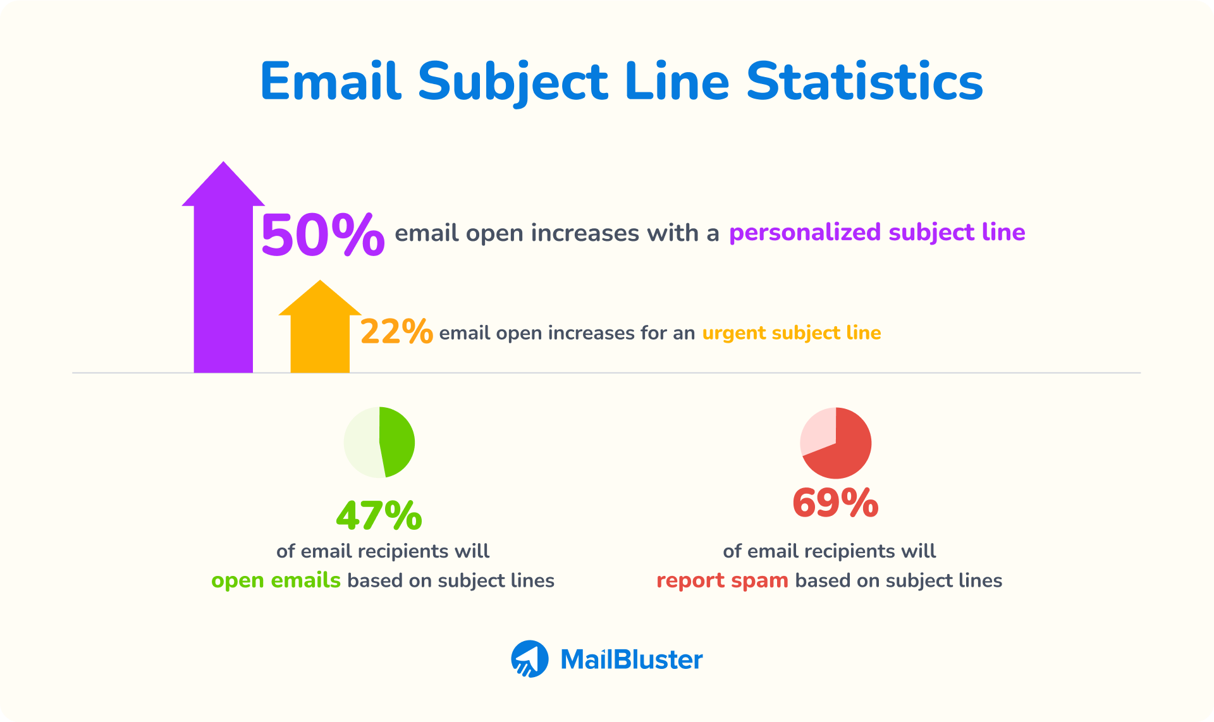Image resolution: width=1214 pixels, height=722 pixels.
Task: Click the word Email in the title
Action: tap(331, 82)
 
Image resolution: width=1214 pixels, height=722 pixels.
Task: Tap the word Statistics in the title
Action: tap(864, 82)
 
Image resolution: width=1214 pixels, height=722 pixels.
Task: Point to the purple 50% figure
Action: tap(322, 235)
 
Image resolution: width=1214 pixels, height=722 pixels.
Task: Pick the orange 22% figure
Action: tap(396, 331)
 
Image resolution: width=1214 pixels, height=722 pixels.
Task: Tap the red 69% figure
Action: tap(835, 503)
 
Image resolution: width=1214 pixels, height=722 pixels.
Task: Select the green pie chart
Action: tap(379, 442)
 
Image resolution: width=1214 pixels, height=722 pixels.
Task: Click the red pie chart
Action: tap(836, 443)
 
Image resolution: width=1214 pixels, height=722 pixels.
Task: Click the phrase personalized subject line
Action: tap(877, 233)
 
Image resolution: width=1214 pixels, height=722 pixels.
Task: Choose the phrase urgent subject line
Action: tap(792, 333)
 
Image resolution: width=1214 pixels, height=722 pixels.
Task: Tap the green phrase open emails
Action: tap(276, 580)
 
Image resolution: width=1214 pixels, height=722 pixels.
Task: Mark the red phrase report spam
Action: tap(722, 580)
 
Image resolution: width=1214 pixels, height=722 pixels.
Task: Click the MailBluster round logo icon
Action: tap(530, 659)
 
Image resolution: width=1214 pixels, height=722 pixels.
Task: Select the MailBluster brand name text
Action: tap(631, 659)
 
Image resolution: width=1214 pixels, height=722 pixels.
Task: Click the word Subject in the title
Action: tap(513, 82)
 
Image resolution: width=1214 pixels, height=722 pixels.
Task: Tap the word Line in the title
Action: tap(677, 82)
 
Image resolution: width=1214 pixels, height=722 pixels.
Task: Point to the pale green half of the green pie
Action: tap(362, 442)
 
